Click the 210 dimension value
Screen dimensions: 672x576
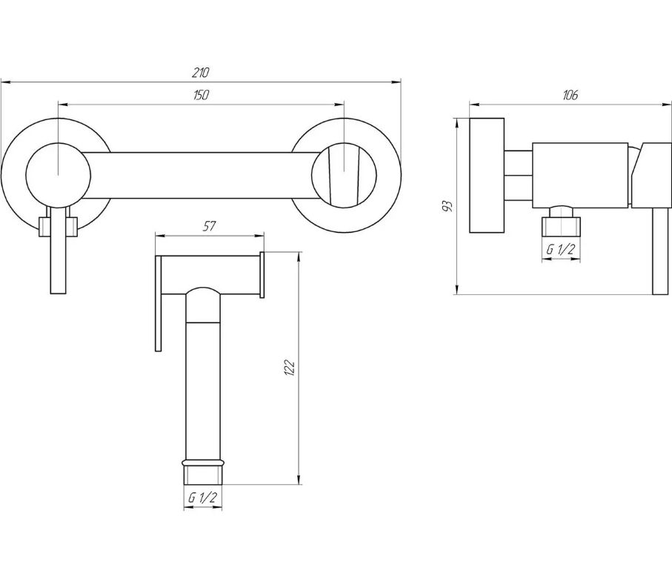200,73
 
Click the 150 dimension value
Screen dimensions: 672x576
201,95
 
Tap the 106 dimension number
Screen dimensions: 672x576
570,95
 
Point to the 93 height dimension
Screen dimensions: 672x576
447,206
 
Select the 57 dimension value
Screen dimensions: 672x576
209,226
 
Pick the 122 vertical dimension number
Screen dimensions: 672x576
290,368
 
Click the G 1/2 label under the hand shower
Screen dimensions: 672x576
203,498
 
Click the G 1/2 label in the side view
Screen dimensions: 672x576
560,249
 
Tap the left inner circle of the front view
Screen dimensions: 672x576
26,175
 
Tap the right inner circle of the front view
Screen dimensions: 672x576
312,175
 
